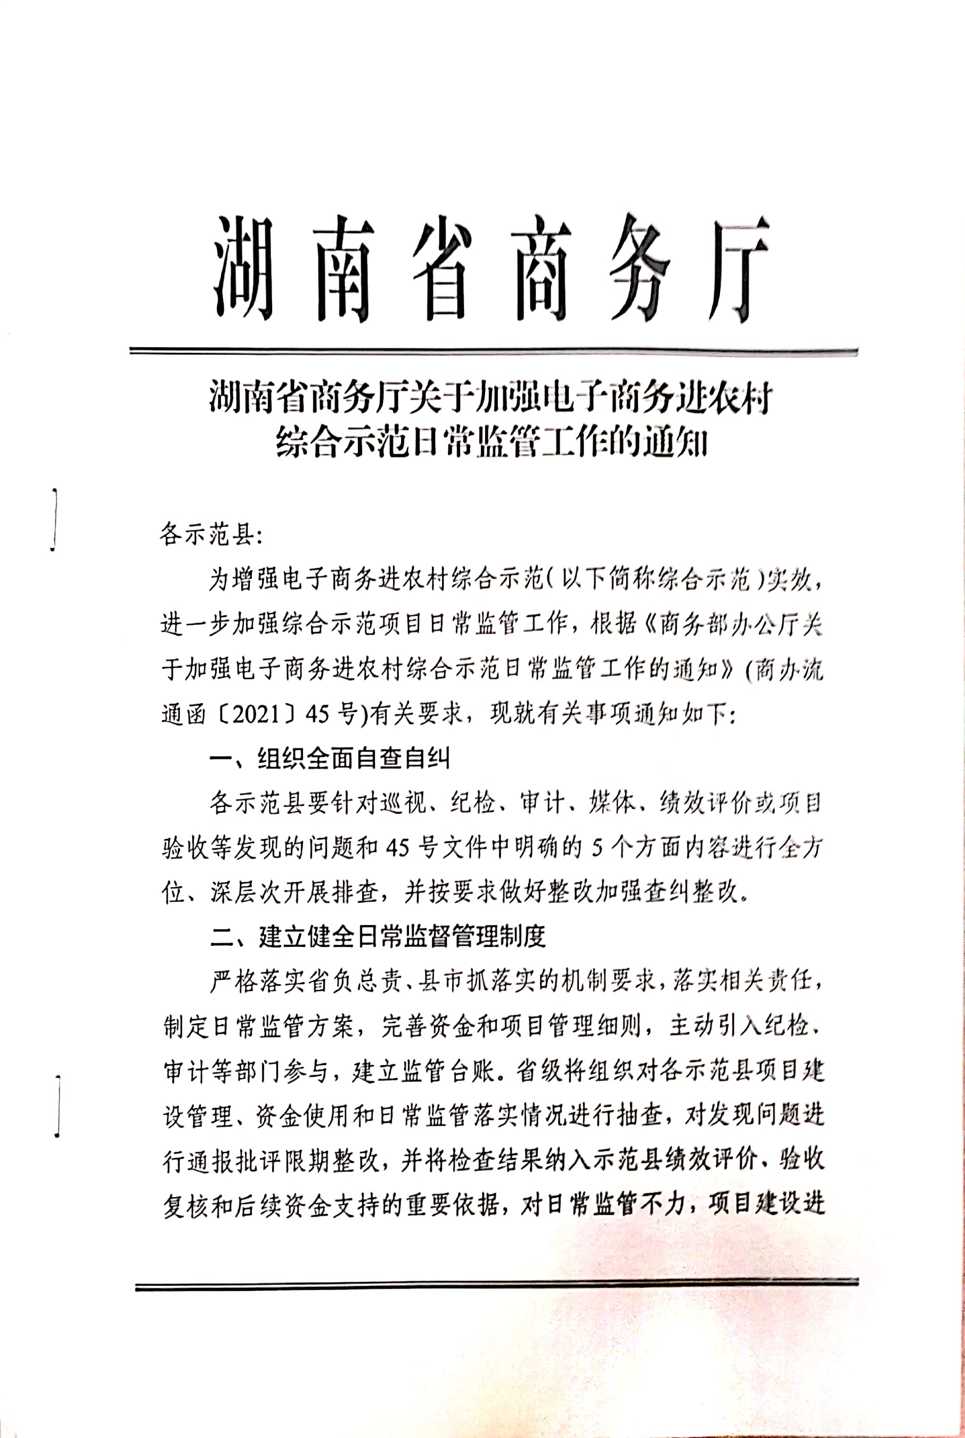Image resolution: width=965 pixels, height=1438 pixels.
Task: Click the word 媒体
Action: tap(612, 803)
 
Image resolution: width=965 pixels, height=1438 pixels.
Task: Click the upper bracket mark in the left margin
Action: tap(55, 519)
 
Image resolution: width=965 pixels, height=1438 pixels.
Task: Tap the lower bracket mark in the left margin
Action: tap(57, 1105)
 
